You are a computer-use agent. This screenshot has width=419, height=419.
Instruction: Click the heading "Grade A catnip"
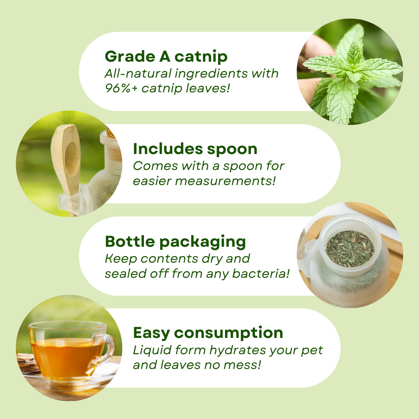pyautogui.click(x=166, y=57)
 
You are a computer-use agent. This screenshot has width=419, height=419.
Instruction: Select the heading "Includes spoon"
pyautogui.click(x=195, y=149)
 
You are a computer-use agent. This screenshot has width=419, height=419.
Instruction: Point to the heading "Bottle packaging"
pyautogui.click(x=175, y=242)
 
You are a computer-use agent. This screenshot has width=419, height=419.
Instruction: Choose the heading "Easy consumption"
pyautogui.click(x=208, y=333)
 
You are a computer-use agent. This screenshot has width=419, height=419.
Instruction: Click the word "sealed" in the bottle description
pyautogui.click(x=123, y=274)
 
